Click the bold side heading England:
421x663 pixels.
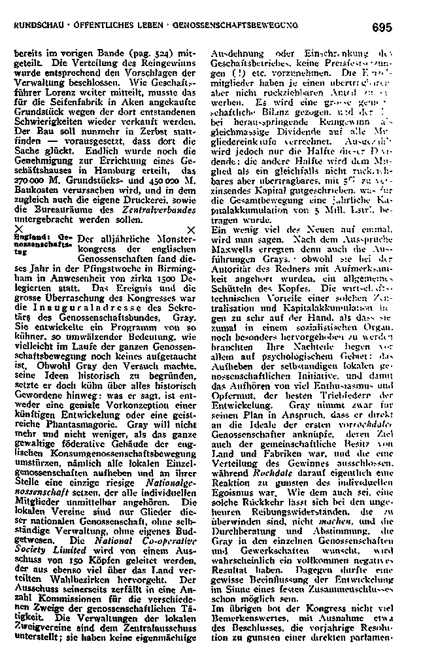click(29, 233)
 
